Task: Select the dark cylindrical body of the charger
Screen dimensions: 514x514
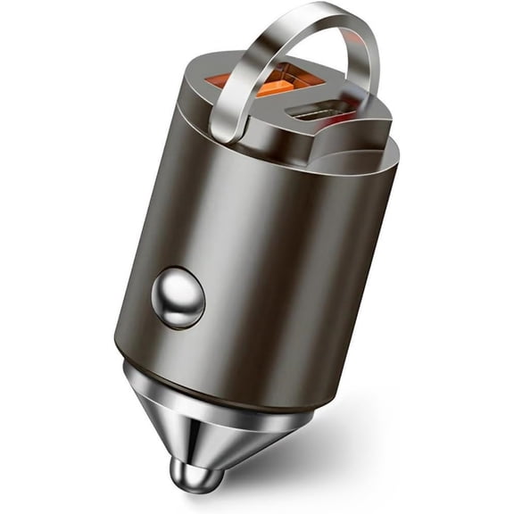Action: [x=268, y=268]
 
